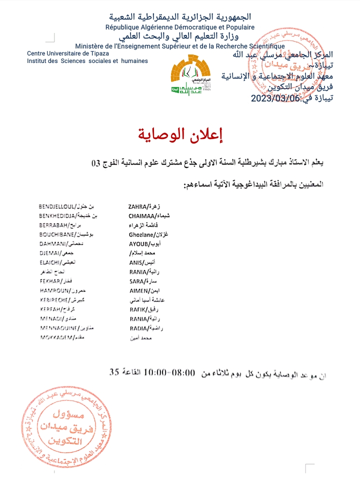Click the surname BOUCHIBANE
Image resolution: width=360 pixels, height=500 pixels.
56,234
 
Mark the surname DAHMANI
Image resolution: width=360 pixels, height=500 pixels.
52,243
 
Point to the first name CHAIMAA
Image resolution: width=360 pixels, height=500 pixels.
142,215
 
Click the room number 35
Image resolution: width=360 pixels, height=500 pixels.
115,372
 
